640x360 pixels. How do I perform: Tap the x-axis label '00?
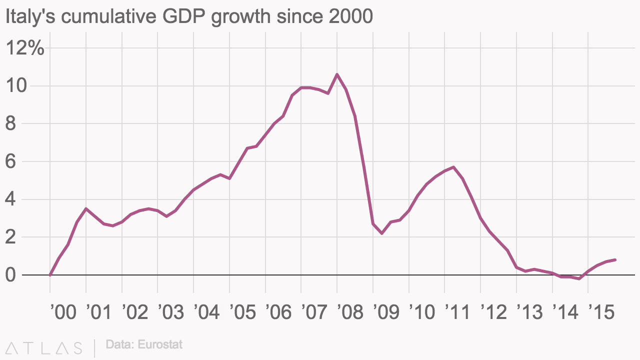[x=63, y=312]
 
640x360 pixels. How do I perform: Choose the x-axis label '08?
[x=350, y=312]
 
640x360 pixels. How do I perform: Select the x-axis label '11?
[x=458, y=312]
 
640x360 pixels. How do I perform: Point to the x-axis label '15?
[x=601, y=312]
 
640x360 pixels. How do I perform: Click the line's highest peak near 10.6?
[x=337, y=74]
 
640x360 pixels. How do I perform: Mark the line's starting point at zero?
[x=50, y=274]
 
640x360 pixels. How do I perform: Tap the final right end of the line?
[x=615, y=259]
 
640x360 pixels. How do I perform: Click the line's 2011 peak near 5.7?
[x=453, y=167]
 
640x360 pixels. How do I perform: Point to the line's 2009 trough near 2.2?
[x=382, y=233]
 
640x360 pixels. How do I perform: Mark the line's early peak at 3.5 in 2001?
[x=86, y=208]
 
